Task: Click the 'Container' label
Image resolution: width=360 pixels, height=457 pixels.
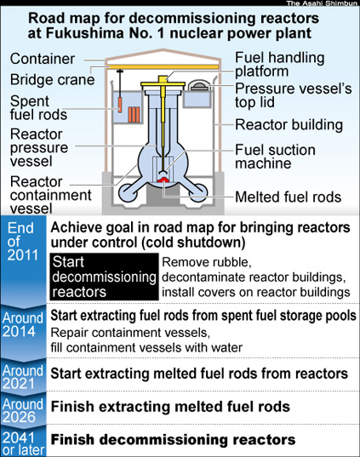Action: tap(43, 59)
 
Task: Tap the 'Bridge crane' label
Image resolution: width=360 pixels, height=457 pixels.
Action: tap(53, 79)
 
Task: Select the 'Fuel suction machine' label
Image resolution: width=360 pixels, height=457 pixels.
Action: tap(275, 157)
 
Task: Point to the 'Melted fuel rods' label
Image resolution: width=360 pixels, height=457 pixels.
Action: tap(288, 197)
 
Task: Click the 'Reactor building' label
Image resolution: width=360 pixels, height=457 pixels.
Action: tap(289, 125)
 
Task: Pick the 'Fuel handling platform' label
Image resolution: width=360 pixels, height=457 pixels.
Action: tap(279, 65)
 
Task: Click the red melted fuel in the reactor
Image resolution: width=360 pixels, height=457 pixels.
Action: tap(163, 180)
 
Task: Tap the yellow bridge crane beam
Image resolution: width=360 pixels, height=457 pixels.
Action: tap(164, 67)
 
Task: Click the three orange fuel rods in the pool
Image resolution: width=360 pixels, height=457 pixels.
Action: tap(134, 115)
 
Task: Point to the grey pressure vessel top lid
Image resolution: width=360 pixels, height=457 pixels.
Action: tap(199, 86)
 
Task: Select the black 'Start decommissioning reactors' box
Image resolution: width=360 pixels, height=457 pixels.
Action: tap(104, 277)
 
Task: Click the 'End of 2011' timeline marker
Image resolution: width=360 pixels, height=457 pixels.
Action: tap(22, 242)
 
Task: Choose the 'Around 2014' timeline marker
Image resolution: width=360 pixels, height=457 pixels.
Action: tap(23, 325)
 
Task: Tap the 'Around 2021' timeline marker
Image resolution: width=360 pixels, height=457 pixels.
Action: tap(23, 377)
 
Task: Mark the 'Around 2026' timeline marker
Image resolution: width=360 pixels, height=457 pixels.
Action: tap(23, 410)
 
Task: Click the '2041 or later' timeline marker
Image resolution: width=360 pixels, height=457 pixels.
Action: tap(23, 443)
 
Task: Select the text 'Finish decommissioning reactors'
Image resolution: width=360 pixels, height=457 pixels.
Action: tap(173, 439)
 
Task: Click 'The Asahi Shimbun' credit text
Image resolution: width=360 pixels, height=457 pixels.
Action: tap(322, 3)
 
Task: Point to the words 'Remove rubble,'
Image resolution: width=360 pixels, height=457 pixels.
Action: tap(206, 262)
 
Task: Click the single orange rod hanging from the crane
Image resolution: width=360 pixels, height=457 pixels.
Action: tap(120, 105)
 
